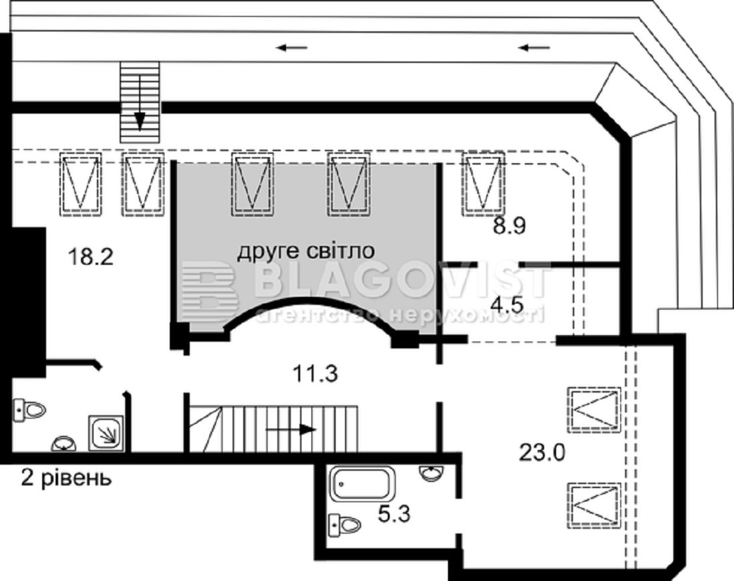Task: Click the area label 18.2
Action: pos(90,257)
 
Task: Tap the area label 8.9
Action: pos(509,226)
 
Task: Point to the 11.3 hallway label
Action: pos(315,374)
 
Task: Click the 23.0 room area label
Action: pos(542,453)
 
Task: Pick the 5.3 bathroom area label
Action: pos(394,514)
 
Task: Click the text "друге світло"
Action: pos(305,251)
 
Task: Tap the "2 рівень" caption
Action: pos(66,478)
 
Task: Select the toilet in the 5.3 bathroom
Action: pos(345,524)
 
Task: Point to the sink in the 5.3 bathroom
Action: pos(431,473)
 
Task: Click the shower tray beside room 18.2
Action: pos(106,433)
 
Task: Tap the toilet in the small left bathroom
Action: pos(30,410)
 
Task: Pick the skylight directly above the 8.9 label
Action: pos(483,184)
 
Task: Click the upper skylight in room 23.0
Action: pos(594,410)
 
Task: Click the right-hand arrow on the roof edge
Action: pos(534,47)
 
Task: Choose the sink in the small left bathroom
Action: pos(64,443)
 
